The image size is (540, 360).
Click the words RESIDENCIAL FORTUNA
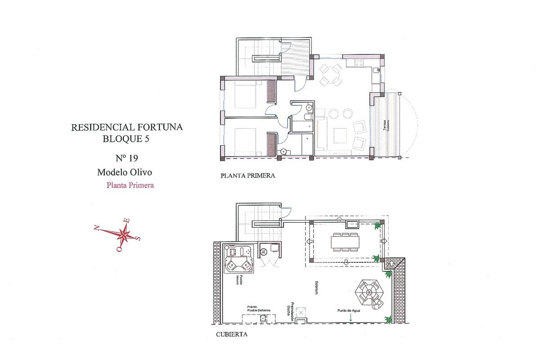point(127,127)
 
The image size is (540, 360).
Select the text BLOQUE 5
point(126,139)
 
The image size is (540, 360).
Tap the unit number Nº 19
point(126,158)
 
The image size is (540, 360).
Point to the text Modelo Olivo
point(126,172)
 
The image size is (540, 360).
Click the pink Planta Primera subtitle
point(130,184)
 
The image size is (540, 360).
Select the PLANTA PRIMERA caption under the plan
point(247,175)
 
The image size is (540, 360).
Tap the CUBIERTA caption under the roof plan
point(231,335)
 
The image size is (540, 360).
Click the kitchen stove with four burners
point(359,63)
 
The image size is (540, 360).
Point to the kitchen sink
point(376,70)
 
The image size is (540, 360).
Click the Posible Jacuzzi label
point(243,279)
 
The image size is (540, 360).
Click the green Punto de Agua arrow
point(350,318)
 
